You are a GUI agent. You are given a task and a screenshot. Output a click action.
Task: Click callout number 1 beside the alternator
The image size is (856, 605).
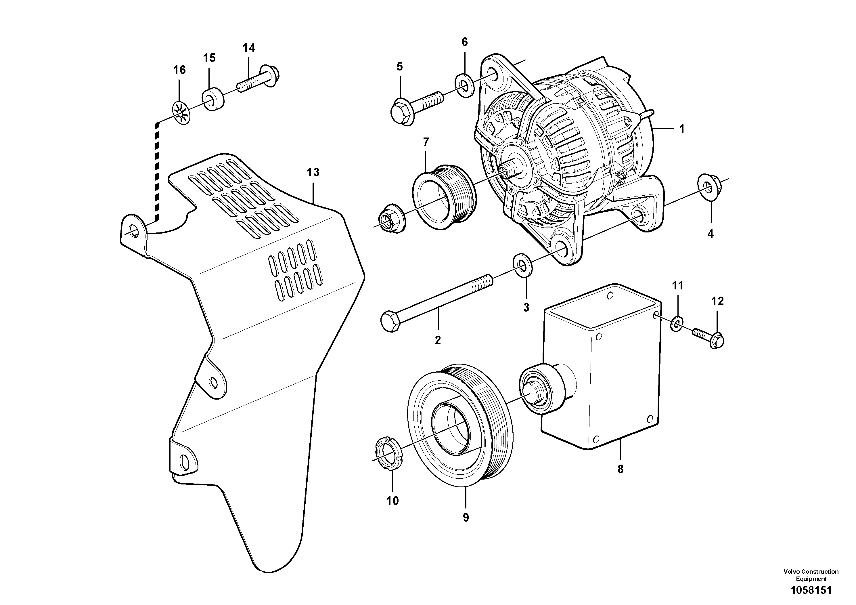(681, 129)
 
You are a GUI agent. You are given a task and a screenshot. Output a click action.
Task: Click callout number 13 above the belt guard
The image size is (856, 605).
(313, 172)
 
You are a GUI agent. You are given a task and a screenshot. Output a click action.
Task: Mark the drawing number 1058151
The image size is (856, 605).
(811, 590)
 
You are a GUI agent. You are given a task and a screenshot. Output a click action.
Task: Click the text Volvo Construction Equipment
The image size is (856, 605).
(811, 575)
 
